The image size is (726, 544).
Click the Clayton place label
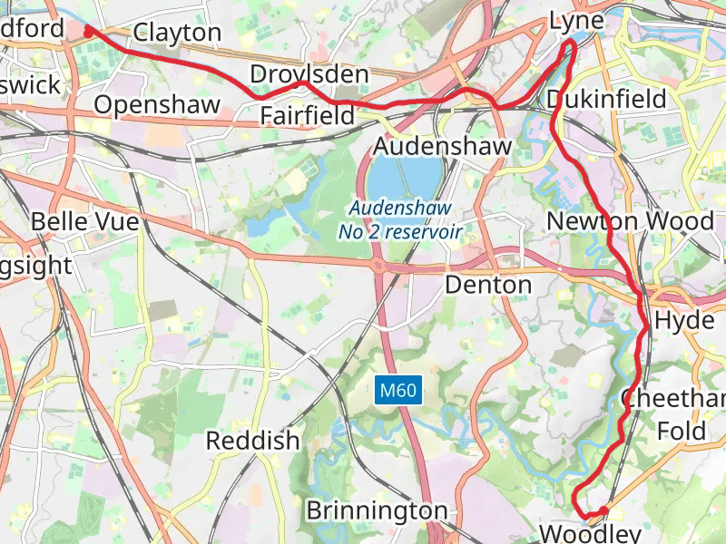coord(177,34)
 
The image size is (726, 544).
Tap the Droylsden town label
coord(309,73)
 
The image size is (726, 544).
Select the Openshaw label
coord(157,104)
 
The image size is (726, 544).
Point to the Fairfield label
coord(307,115)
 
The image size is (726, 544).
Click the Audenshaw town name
coord(443,146)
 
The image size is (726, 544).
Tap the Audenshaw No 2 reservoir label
coord(400,220)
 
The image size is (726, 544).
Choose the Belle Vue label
coord(84,221)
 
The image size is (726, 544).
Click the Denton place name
coord(488,285)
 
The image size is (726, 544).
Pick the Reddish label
coord(252,442)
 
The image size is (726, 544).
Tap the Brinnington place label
coord(377,510)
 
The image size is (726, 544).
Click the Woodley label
coord(590,532)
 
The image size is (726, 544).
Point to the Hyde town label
coord(678,320)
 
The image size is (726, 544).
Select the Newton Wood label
coord(631,221)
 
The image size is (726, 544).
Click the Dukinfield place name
coord(607,98)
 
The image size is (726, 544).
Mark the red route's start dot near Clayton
coord(88,31)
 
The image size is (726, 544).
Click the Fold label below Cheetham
coord(681,430)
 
